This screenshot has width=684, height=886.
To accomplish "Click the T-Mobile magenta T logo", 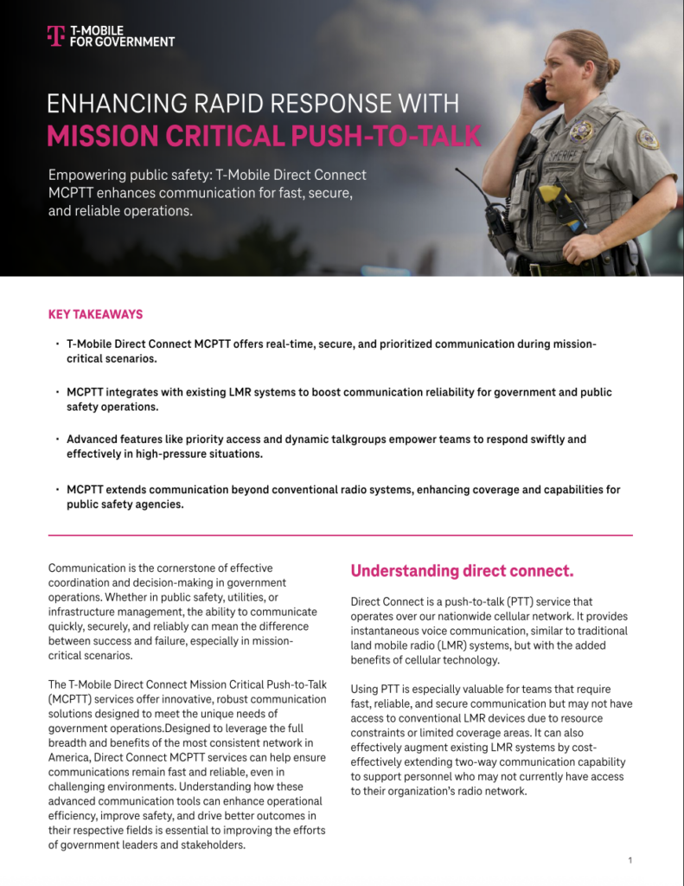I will [55, 35].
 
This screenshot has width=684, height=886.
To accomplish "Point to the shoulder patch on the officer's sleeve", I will [647, 138].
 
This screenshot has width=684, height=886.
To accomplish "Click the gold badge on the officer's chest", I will [582, 132].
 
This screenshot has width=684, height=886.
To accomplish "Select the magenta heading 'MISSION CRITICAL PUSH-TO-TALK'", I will [264, 136].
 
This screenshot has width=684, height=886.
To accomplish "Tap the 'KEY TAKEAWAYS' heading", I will [95, 314].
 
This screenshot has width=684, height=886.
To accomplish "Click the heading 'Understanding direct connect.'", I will [462, 571].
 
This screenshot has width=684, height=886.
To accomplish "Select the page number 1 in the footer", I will [630, 860].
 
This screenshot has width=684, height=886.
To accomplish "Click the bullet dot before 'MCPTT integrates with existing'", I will [57, 392].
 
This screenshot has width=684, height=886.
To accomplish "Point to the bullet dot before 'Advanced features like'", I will [57, 440].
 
